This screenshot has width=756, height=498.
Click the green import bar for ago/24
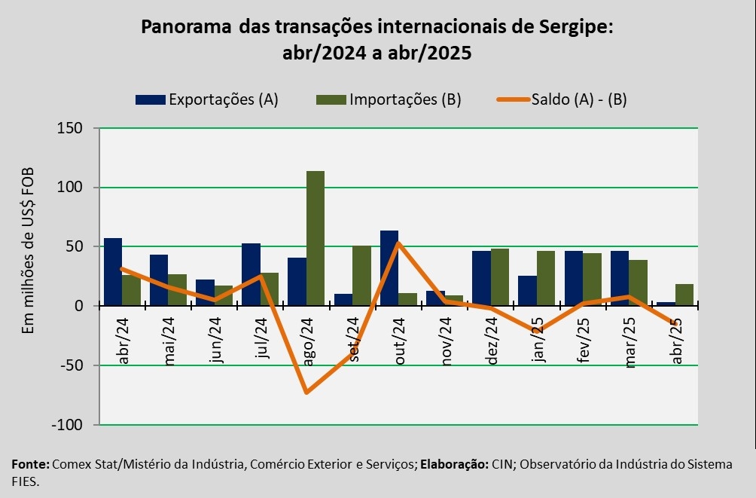316,238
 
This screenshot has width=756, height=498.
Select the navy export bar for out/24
389,268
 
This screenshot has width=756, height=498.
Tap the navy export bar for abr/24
113,272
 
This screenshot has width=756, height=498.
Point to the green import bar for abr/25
684,295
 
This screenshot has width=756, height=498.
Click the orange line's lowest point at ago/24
306,393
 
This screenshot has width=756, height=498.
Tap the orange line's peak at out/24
398,243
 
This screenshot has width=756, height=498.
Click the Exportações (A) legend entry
207,99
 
